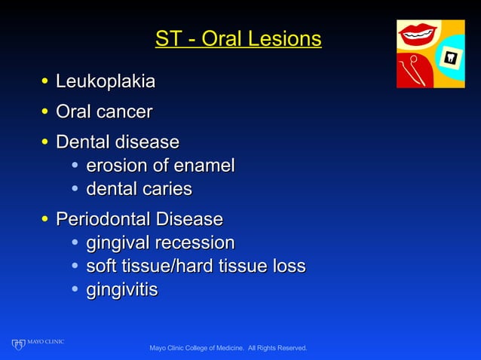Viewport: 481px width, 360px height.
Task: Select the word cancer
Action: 124,111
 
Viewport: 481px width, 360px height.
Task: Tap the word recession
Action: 195,243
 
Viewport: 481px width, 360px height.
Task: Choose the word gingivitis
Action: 121,289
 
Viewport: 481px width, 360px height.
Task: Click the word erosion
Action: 116,165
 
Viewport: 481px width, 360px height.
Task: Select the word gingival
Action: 118,243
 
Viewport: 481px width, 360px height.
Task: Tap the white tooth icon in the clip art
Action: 451,57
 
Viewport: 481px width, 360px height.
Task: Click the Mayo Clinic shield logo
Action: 18,344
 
